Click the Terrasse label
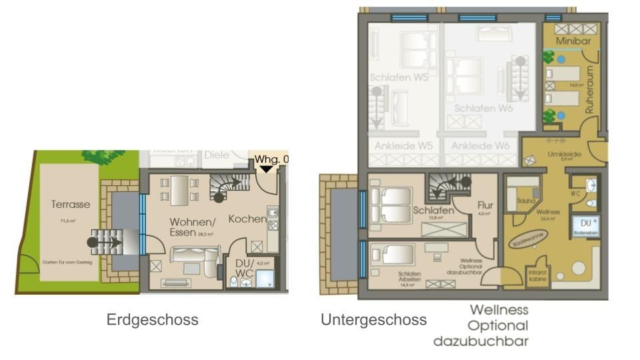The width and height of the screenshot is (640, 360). (x=70, y=205)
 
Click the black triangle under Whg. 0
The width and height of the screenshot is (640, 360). (x=266, y=169)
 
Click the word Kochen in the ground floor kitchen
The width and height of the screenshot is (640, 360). (x=248, y=219)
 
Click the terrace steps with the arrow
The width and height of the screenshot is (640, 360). (x=108, y=241)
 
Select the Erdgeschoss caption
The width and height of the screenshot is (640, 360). (x=152, y=320)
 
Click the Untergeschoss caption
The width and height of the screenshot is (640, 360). (x=373, y=320)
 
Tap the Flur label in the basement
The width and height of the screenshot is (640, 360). (x=485, y=205)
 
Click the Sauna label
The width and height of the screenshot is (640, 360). (x=524, y=199)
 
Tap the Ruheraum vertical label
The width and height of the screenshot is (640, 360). (x=589, y=90)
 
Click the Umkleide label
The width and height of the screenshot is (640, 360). (x=561, y=153)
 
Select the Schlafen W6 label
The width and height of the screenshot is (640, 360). (x=483, y=108)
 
